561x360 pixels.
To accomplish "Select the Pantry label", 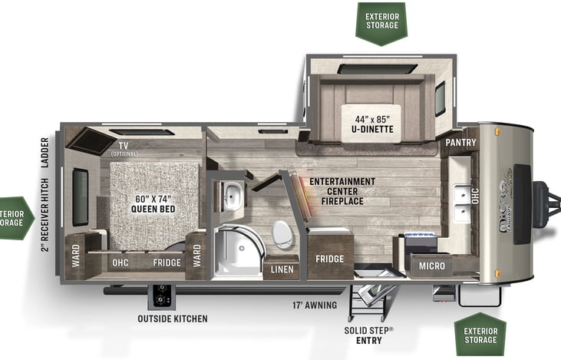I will [x=460, y=143].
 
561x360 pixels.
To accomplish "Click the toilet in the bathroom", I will [x=282, y=233].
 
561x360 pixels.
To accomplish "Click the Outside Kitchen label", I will [x=173, y=319].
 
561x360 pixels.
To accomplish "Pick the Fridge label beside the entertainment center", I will [x=330, y=259].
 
